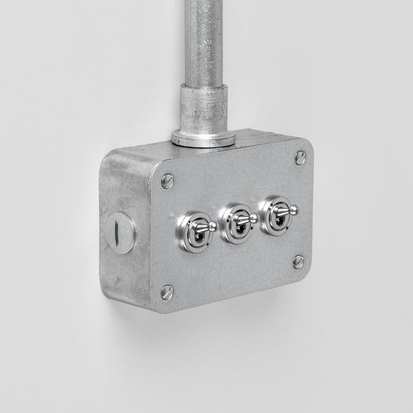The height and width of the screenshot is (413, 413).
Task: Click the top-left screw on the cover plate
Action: (167, 182)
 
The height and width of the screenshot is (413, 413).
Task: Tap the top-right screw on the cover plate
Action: (301, 158)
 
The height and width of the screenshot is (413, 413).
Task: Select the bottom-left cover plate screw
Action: (166, 292)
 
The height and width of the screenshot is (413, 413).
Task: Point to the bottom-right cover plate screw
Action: (298, 261)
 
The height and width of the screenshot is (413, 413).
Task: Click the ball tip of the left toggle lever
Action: (213, 226)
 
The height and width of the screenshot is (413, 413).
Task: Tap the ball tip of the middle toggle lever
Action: (253, 218)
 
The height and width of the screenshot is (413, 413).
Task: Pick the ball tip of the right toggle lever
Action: (292, 209)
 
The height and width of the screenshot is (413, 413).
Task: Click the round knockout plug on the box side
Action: (122, 234)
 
